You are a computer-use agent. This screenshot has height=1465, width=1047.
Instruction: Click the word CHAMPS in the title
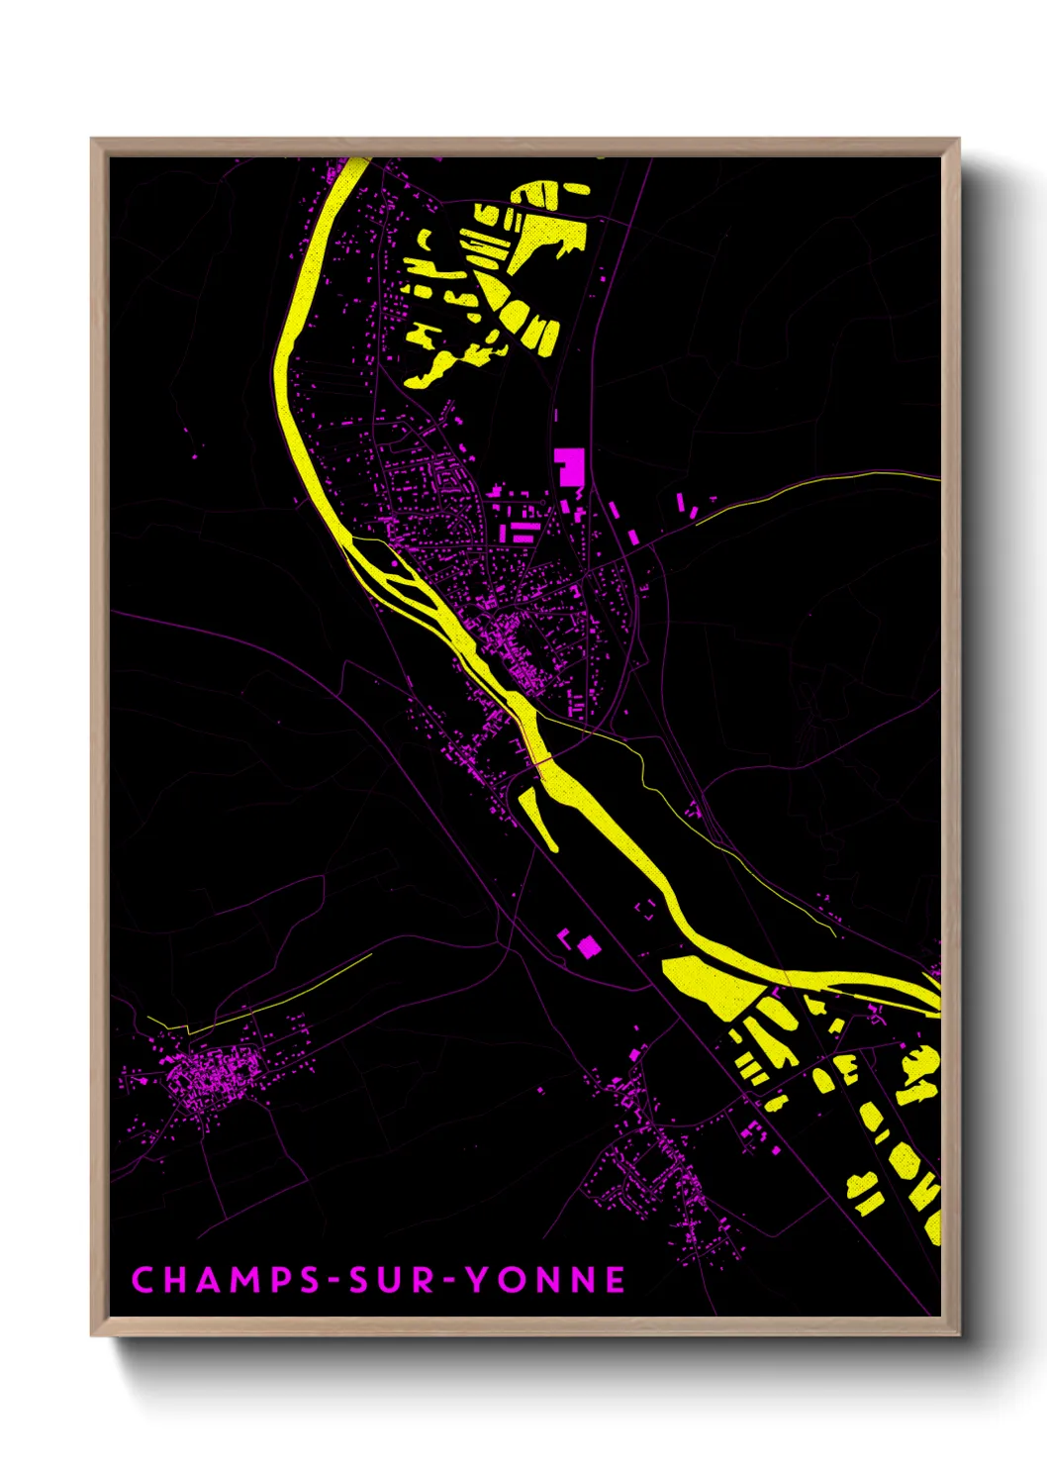[226, 1280]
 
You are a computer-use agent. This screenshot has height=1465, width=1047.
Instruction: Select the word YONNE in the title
[545, 1280]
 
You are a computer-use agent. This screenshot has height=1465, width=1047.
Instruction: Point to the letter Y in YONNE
[477, 1280]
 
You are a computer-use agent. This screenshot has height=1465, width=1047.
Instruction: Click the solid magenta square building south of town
[589, 947]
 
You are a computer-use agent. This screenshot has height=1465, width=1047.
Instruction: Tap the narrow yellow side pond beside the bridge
[537, 817]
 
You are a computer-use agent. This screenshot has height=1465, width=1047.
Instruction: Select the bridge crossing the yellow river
[539, 759]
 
